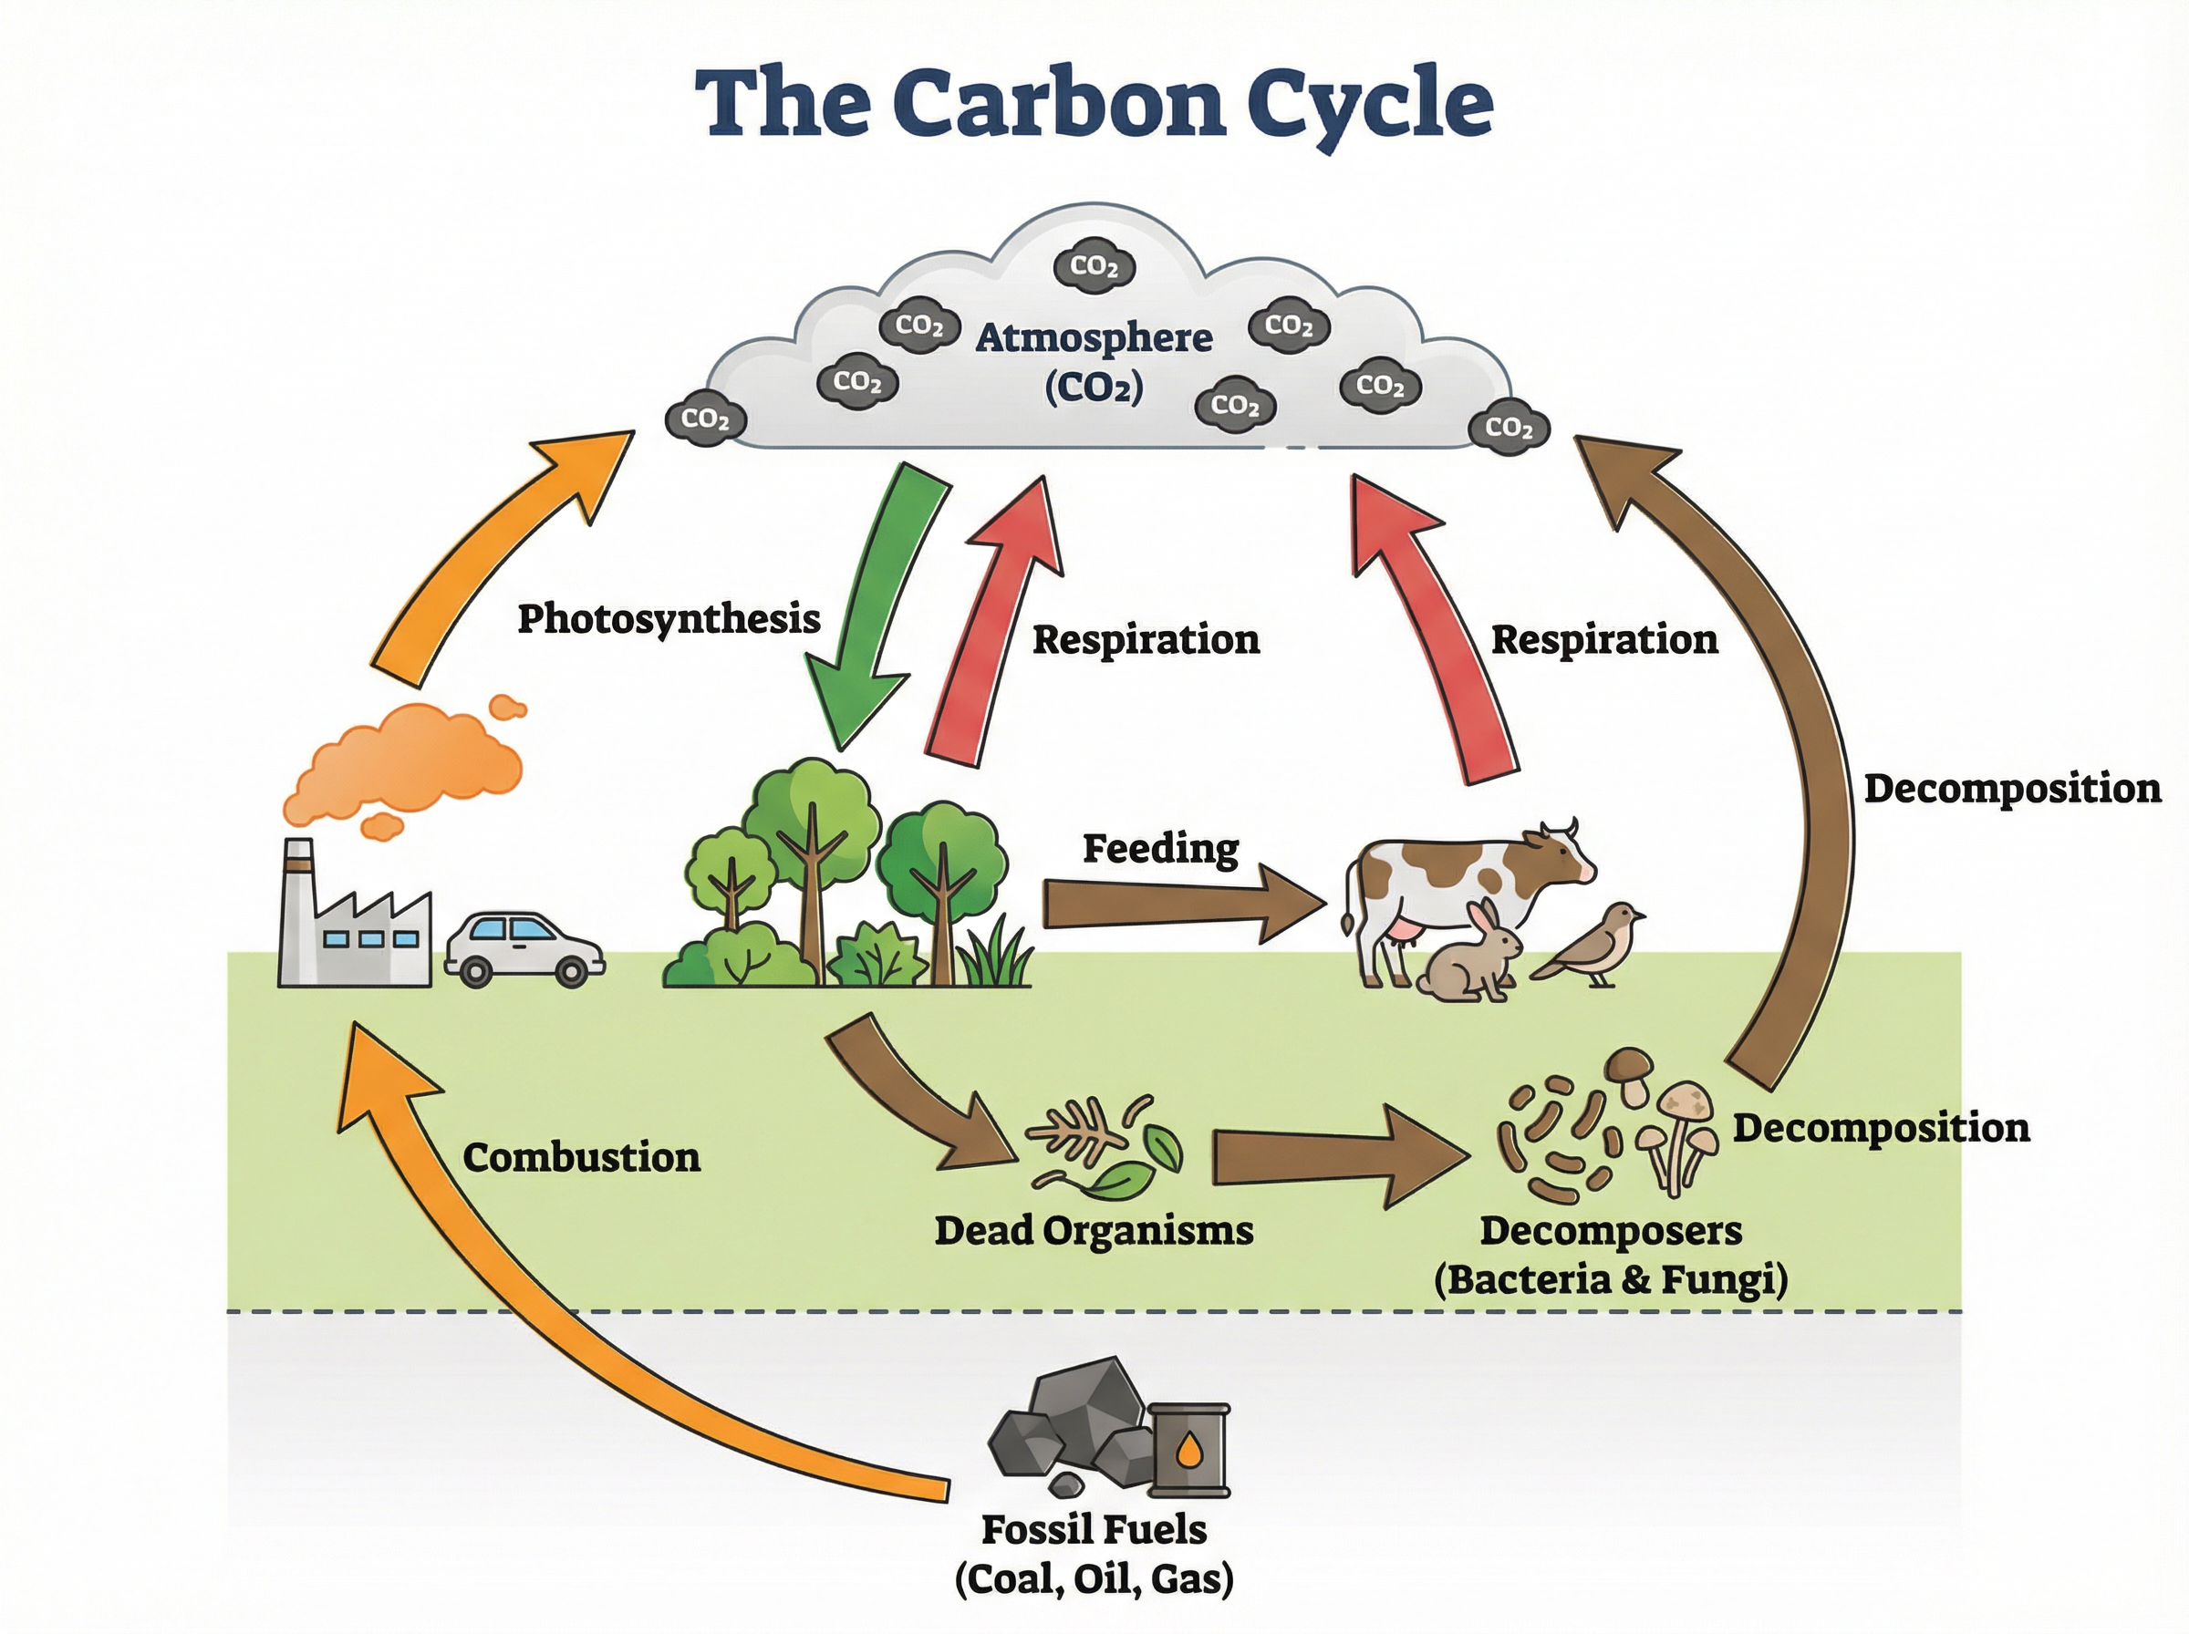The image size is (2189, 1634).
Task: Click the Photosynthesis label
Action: point(669,619)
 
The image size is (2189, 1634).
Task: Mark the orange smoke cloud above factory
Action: point(415,761)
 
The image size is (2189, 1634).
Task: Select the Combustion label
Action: point(582,1157)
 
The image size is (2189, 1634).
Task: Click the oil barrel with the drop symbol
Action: point(1190,1450)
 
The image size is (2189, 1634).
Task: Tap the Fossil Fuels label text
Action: point(1093,1529)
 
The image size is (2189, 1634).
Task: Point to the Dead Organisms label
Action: point(1093,1230)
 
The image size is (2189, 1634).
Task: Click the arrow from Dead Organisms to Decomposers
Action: point(1335,1157)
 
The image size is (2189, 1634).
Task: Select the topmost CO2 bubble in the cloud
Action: point(1094,266)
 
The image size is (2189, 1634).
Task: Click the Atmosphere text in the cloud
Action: point(1093,338)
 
